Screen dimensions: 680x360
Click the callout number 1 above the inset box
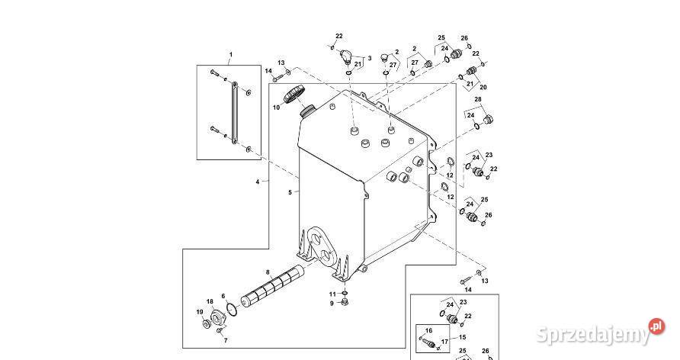pos(231,55)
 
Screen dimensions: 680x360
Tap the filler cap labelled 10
pos(294,95)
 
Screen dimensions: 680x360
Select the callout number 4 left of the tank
pos(258,182)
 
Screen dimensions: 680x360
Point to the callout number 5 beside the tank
pos(290,192)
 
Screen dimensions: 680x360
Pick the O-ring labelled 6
pos(232,309)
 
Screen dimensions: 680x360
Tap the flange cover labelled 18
pos(217,317)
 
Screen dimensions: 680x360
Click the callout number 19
pos(200,312)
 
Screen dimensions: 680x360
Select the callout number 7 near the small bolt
pos(226,340)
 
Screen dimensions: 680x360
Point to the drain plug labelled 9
pos(345,301)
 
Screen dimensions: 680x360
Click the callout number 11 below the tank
pos(332,294)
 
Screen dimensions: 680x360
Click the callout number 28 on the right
pos(478,100)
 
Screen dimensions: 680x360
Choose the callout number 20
pos(483,87)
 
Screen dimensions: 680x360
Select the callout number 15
pos(462,337)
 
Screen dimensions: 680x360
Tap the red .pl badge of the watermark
pos(657,326)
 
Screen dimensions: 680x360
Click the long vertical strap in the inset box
pos(234,112)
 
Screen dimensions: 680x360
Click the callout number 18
pos(210,302)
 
